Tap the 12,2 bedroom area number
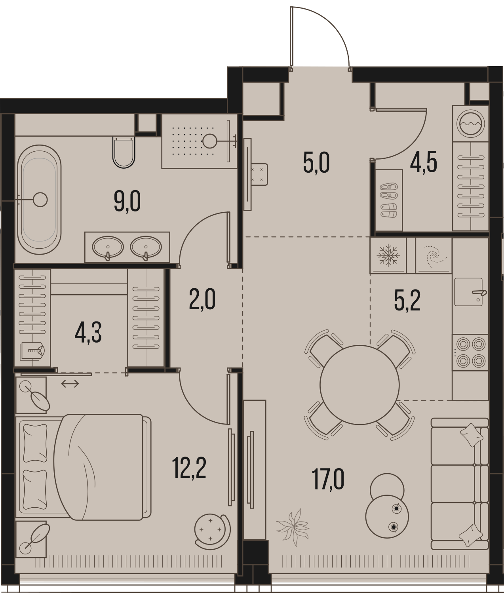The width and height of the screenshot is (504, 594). pos(189,469)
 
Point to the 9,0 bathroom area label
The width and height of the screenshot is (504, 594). pos(127,202)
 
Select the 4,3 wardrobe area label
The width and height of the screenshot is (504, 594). pos(88,333)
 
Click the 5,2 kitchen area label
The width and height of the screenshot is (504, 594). pos(407,301)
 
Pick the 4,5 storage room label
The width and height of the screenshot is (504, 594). pos(424,163)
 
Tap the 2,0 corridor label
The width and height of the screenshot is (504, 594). pos(202,300)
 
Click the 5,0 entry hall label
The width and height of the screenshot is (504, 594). pos(316,163)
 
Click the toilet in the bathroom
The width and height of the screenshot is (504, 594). pos(124,152)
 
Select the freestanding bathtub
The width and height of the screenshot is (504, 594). pos(39,200)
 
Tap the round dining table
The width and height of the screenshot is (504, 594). pos(359,385)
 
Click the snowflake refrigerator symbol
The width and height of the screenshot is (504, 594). pos(388,255)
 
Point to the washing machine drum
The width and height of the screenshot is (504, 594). pos(470,124)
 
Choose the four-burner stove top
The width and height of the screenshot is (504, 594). pos(471,352)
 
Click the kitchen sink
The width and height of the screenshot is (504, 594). pos(468,292)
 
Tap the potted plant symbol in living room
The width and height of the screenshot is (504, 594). pos(293,527)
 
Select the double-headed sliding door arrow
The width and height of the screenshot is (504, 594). pos(70,384)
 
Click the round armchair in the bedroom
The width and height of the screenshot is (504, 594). pos(212,531)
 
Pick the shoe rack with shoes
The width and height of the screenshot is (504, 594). pos(388,200)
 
